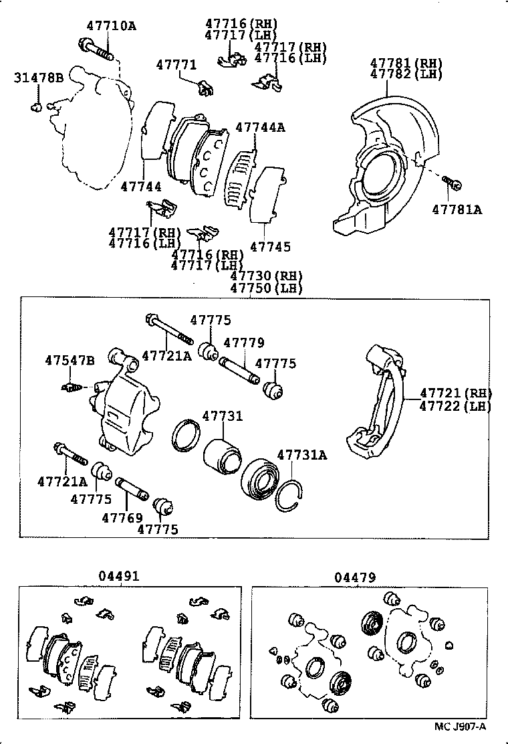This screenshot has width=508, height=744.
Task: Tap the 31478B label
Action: pyautogui.click(x=38, y=79)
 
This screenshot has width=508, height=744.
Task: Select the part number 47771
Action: pyautogui.click(x=176, y=65)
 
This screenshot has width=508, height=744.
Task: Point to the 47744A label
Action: pyautogui.click(x=260, y=127)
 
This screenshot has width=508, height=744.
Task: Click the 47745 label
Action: pyautogui.click(x=270, y=247)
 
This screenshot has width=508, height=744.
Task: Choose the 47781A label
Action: pyautogui.click(x=457, y=209)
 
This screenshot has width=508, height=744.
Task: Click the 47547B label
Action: pyautogui.click(x=70, y=361)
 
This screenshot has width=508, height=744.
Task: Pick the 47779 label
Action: pyautogui.click(x=243, y=343)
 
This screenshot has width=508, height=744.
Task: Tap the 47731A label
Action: pyautogui.click(x=302, y=456)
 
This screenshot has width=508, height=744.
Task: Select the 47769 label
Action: pyautogui.click(x=122, y=517)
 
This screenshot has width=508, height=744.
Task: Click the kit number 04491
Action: pyautogui.click(x=120, y=576)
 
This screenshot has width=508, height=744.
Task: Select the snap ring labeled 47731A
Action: pyautogui.click(x=290, y=494)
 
